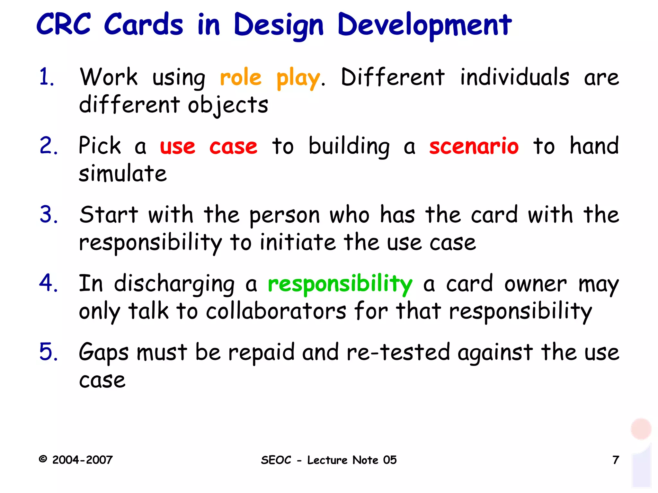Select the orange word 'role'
tap(241, 78)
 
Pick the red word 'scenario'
tap(474, 146)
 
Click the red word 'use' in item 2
tap(177, 147)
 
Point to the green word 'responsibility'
tap(340, 284)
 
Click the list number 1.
tap(47, 77)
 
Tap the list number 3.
tap(49, 215)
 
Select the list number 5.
tap(49, 352)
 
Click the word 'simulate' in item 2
tap(123, 174)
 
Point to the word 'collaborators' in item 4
tap(276, 311)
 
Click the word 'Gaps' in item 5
tap(103, 353)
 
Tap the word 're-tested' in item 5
tap(398, 352)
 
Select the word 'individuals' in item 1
tap(514, 77)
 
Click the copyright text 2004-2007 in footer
tap(82, 460)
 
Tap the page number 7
tap(616, 460)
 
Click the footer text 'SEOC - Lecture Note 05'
tap(329, 460)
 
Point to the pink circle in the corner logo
tap(641, 429)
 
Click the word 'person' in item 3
tap(285, 215)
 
